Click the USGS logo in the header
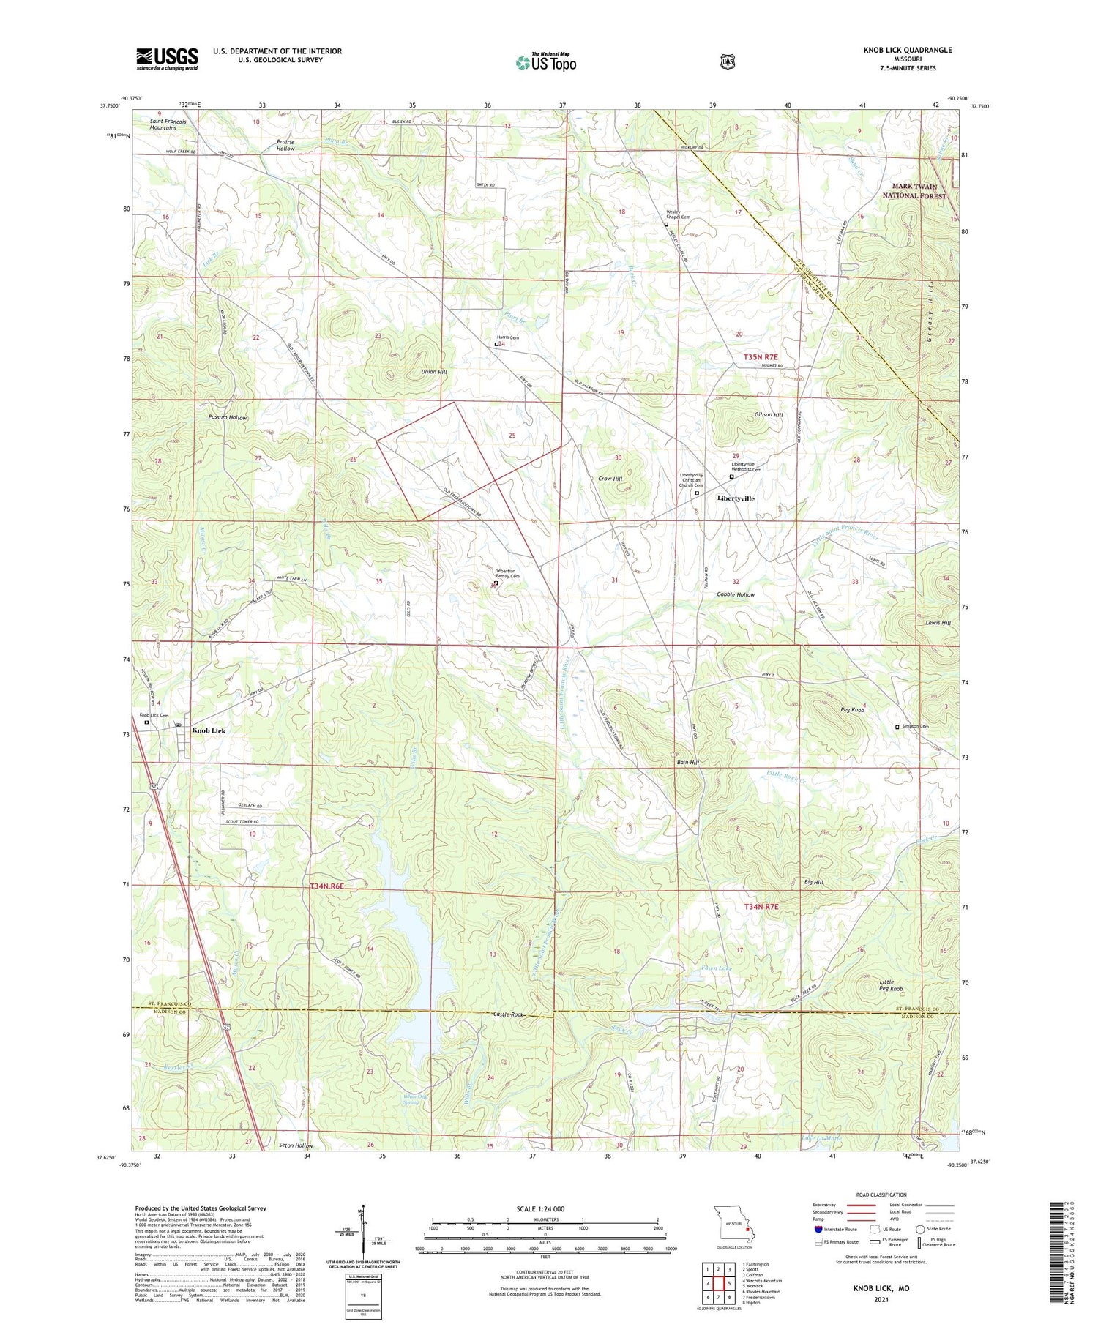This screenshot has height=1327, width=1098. pyautogui.click(x=167, y=59)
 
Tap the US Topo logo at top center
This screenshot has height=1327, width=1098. pyautogui.click(x=545, y=62)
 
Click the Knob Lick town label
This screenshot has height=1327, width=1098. pyautogui.click(x=209, y=730)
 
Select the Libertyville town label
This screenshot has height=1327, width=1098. pyautogui.click(x=736, y=498)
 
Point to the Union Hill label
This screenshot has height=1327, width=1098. pyautogui.click(x=433, y=372)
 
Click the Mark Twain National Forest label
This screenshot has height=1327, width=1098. pyautogui.click(x=914, y=192)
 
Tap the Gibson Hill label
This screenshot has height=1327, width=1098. pyautogui.click(x=769, y=415)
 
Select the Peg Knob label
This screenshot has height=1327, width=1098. pyautogui.click(x=853, y=710)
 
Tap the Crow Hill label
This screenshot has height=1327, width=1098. pyautogui.click(x=610, y=479)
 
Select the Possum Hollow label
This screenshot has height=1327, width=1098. pyautogui.click(x=228, y=417)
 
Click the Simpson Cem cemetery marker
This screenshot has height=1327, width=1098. pyautogui.click(x=897, y=728)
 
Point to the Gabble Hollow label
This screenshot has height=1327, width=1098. pyautogui.click(x=736, y=595)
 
